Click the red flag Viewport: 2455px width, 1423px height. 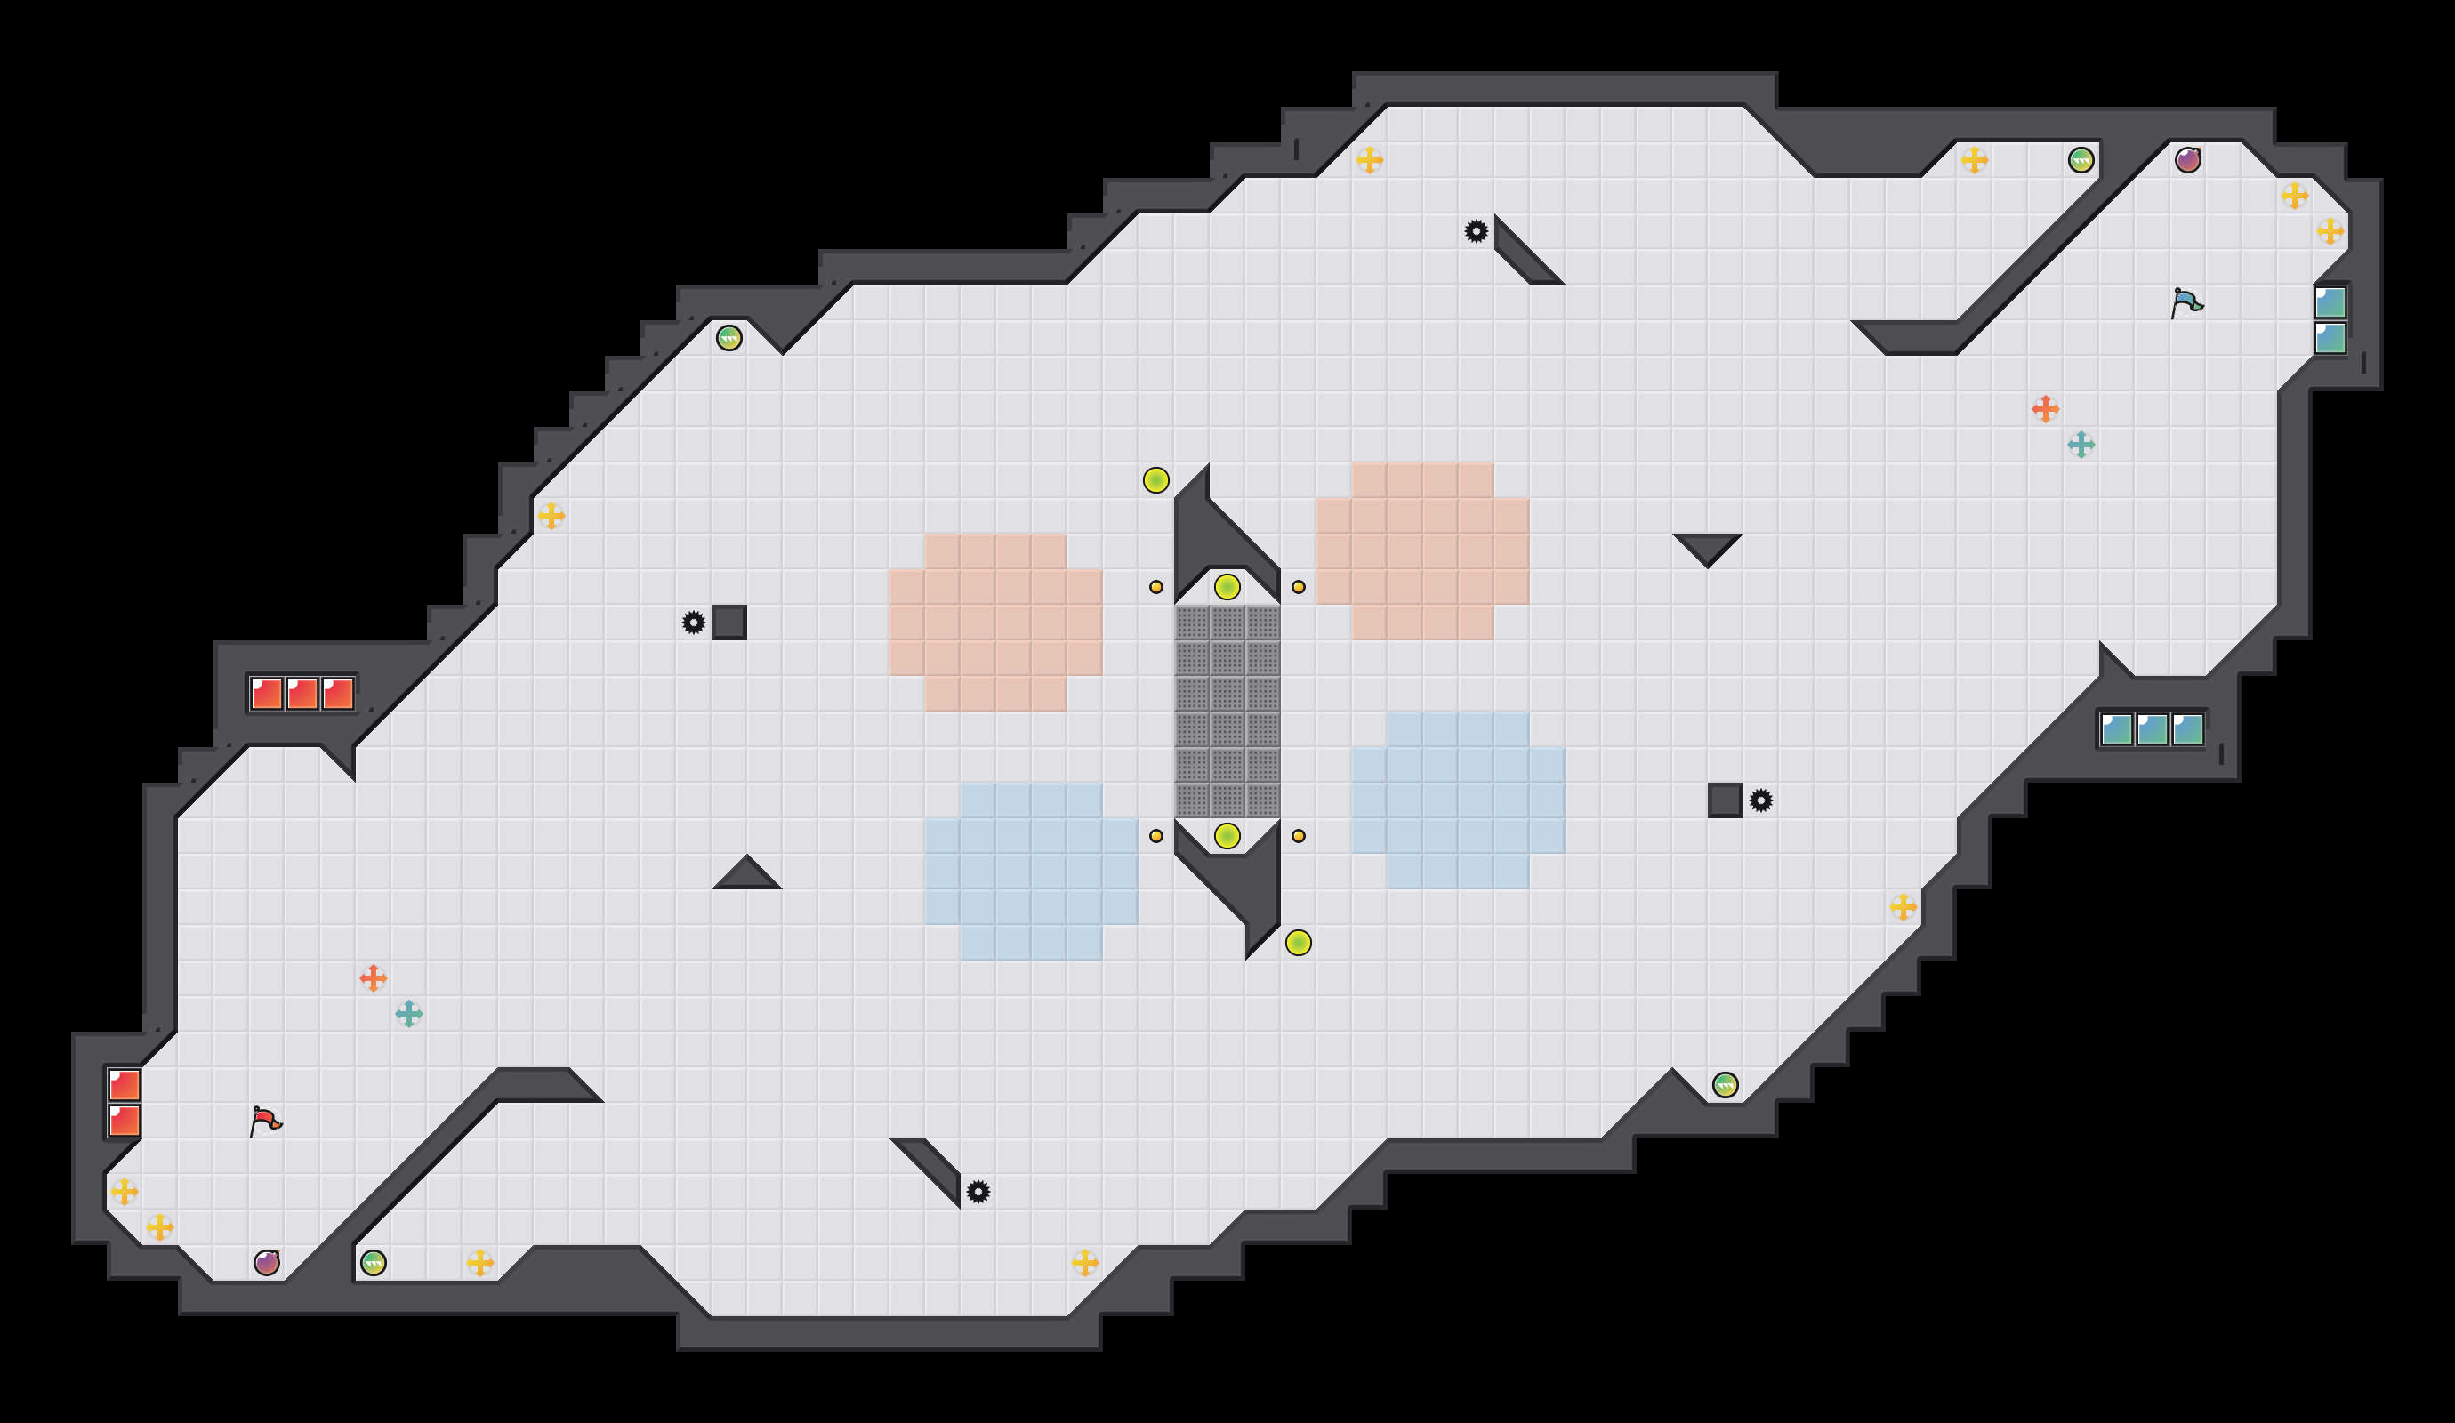point(265,1122)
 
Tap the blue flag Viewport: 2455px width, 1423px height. point(2186,303)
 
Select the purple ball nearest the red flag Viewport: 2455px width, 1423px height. point(267,1262)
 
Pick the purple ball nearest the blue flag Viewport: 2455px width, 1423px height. point(2188,160)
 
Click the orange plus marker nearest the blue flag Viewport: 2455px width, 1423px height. point(2045,409)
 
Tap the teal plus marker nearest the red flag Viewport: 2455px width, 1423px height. point(409,1014)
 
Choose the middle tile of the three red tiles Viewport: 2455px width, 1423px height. point(302,694)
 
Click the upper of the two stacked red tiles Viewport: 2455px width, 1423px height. point(125,1084)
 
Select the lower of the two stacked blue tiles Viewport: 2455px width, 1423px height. point(2330,338)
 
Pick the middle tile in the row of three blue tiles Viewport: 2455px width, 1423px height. point(2152,728)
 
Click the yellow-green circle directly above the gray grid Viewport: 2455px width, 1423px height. point(1227,586)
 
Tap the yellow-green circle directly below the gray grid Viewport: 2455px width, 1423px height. point(1227,836)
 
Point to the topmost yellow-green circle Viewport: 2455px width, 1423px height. point(1156,480)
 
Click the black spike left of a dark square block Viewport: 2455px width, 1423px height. point(694,623)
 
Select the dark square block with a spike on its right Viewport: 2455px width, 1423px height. point(1725,800)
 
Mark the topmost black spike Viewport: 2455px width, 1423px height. point(1476,231)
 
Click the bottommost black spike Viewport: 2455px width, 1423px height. point(978,1191)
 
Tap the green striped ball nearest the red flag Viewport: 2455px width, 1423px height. point(373,1262)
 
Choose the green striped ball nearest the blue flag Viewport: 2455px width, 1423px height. point(2081,160)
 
